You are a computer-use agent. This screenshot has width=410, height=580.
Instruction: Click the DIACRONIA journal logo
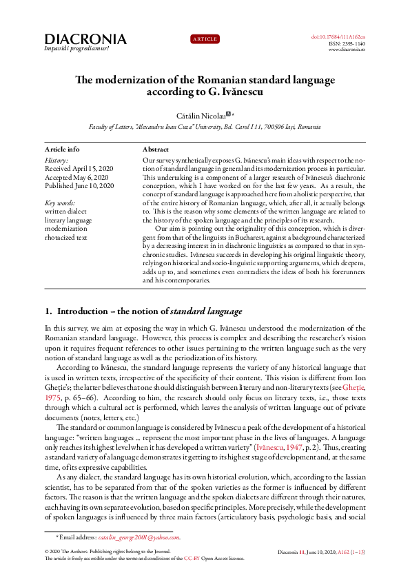85,39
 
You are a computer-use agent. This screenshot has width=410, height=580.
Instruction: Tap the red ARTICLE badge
205,39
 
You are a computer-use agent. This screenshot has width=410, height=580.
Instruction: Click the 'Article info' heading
62,149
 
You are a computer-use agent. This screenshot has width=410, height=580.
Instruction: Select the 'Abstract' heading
156,149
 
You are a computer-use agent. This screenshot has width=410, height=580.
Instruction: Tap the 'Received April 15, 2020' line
79,168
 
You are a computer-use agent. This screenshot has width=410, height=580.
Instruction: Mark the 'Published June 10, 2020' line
79,186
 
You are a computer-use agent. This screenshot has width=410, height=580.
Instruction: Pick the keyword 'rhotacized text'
65,238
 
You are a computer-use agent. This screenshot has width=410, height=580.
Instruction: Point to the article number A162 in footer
342,552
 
